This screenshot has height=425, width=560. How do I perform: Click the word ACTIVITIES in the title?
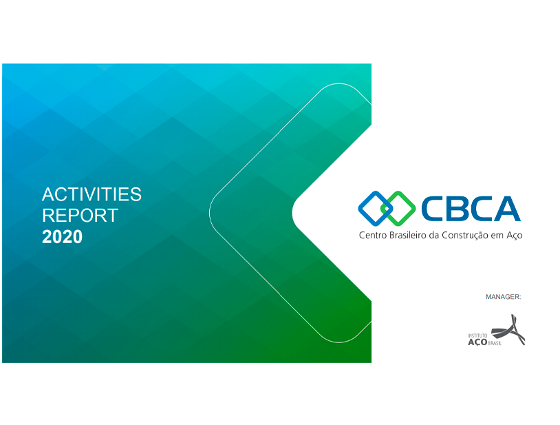pyautogui.click(x=91, y=194)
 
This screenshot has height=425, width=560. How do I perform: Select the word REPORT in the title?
pyautogui.click(x=80, y=216)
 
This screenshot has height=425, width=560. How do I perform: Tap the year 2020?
pyautogui.click(x=62, y=237)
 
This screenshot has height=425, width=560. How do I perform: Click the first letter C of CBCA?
pyautogui.click(x=432, y=209)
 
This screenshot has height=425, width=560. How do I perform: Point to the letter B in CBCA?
pyautogui.click(x=455, y=209)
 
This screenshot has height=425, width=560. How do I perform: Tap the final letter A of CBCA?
pyautogui.click(x=506, y=209)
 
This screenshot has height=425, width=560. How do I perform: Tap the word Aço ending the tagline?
pyautogui.click(x=515, y=236)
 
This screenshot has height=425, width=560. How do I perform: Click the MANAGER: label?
pyautogui.click(x=503, y=297)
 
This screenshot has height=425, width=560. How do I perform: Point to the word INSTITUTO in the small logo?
pyautogui.click(x=477, y=335)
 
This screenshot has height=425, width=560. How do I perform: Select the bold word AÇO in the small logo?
pyautogui.click(x=477, y=342)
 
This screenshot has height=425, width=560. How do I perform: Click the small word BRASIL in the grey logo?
pyautogui.click(x=495, y=343)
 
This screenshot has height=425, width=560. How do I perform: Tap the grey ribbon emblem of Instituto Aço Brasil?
pyautogui.click(x=508, y=330)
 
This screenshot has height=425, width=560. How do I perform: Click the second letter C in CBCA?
pyautogui.click(x=478, y=209)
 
